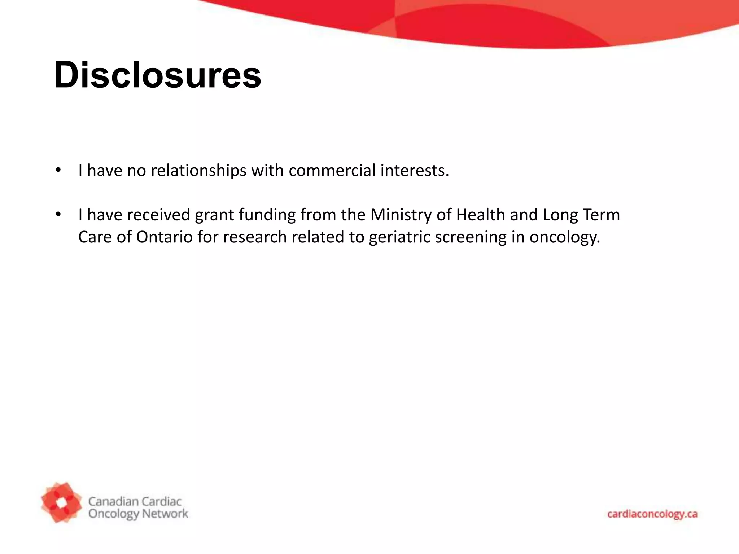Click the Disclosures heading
pos(157,75)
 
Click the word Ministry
pos(401,215)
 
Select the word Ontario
pos(165,237)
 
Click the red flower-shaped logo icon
pos(61,502)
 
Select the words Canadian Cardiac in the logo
pos(135,501)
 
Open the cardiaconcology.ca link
pos(652,514)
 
